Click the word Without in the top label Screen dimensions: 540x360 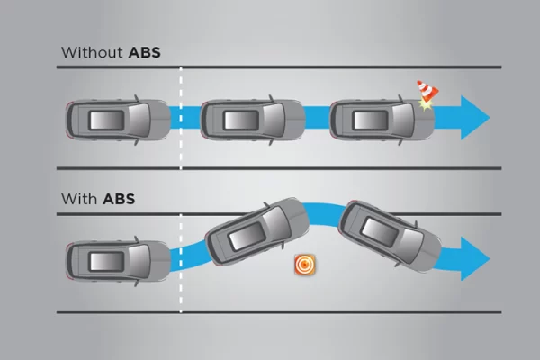point(92,53)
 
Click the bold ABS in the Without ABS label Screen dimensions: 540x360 point(145,53)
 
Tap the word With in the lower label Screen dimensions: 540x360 point(79,199)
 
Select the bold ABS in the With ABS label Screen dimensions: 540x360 point(119,199)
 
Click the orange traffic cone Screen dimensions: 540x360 point(427,91)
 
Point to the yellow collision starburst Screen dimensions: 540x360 point(426,104)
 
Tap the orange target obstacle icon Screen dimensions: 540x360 point(305,265)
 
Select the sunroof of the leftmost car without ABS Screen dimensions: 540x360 point(107,121)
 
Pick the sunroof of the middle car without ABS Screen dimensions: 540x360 point(241,121)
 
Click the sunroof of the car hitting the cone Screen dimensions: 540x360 point(371,121)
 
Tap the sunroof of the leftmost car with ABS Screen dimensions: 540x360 point(107,262)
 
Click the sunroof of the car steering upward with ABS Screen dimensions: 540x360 point(247,237)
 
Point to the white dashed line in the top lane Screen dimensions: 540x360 point(181,118)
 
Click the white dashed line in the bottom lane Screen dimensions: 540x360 point(181,263)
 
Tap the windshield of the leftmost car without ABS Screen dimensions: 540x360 point(139,121)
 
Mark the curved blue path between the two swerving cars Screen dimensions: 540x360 point(324,214)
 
